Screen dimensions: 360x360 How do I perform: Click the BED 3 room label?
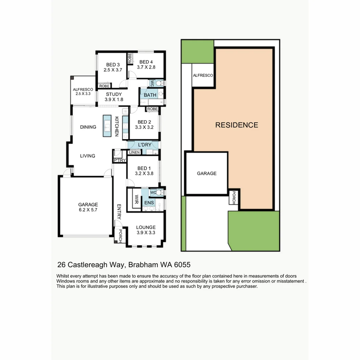pos(113,65)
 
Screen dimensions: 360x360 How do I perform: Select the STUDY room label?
pos(114,94)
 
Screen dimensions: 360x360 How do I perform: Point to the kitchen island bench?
pos(107,126)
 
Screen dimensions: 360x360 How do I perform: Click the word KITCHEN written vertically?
pos(117,126)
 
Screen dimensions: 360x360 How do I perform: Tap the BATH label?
pos(150,95)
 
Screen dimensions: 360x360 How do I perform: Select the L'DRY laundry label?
pos(144,145)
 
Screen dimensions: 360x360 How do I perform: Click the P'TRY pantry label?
pos(119,161)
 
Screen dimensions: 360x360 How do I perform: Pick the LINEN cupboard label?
pos(134,152)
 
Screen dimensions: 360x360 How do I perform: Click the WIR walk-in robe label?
pos(136,199)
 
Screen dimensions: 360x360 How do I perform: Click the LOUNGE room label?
pos(146,227)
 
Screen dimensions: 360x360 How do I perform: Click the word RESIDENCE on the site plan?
pos(237,125)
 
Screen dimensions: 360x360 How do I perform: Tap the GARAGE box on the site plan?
pos(207,173)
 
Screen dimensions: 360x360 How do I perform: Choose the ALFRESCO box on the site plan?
pos(203,76)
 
